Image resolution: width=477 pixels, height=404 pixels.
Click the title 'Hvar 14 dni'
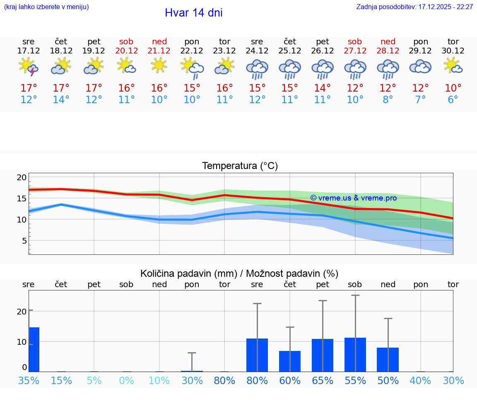click(193, 13)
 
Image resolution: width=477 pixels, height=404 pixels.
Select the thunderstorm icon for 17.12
click(29, 67)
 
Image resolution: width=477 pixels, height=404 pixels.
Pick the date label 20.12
click(126, 51)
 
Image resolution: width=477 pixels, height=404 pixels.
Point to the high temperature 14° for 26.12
click(322, 88)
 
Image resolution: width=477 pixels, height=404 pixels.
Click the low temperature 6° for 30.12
click(453, 100)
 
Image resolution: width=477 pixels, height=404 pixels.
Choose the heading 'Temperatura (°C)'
click(240, 166)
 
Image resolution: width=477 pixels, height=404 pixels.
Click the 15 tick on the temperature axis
click(22, 198)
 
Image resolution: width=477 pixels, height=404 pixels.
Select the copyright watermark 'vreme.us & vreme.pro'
click(353, 198)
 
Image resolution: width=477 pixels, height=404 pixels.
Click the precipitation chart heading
click(239, 273)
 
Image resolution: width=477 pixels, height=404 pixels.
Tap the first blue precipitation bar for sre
click(34, 349)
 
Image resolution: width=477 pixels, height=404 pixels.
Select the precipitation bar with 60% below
click(290, 361)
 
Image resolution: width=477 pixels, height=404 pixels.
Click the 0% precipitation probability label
click(126, 381)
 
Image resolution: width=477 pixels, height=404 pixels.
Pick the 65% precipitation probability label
click(322, 381)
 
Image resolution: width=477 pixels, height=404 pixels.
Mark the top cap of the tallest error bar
click(355, 295)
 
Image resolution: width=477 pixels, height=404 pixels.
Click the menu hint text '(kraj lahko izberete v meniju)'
click(46, 7)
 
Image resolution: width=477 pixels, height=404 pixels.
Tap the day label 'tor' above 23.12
click(224, 41)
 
